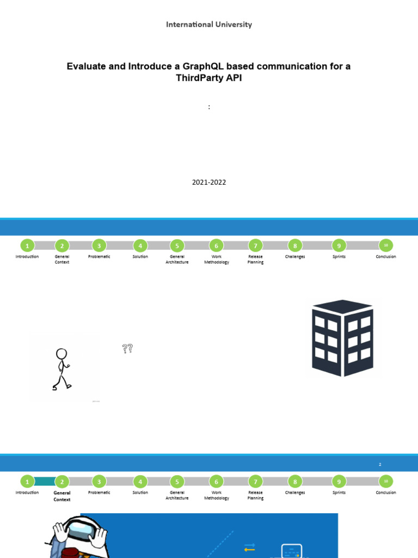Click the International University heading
tap(209, 25)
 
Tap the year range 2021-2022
tap(208, 183)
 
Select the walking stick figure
tap(62, 369)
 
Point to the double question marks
tap(127, 349)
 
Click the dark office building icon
tap(342, 338)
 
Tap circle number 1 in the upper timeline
tap(27, 246)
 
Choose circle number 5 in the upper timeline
tap(177, 246)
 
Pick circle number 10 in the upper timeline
tap(386, 246)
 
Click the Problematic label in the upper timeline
tap(99, 257)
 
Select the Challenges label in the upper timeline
tap(295, 257)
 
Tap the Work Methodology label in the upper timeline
tap(217, 259)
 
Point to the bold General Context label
tap(62, 496)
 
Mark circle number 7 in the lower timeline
tap(255, 482)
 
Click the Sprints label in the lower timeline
tap(339, 493)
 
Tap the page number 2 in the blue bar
tap(380, 465)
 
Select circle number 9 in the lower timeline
tap(339, 482)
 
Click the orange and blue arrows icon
tap(250, 547)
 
